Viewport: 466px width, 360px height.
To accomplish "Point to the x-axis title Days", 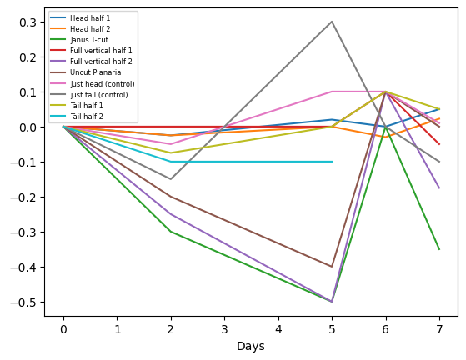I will [x=251, y=346].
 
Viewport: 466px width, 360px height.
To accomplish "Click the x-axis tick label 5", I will [x=332, y=329].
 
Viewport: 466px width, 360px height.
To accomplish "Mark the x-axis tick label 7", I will [x=439, y=329].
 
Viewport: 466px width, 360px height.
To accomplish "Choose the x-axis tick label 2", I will [x=171, y=329].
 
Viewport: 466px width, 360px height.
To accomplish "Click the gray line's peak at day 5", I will [x=332, y=22].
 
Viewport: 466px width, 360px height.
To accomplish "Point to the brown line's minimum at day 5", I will [x=332, y=267].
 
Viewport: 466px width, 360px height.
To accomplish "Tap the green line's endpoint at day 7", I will [x=439, y=249].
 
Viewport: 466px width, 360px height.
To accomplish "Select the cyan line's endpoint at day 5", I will [x=332, y=162].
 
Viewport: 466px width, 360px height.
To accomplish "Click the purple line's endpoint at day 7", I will [x=439, y=188].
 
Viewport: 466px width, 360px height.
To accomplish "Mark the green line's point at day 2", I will [x=171, y=232].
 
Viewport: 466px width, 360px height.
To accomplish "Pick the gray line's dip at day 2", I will [x=171, y=179].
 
